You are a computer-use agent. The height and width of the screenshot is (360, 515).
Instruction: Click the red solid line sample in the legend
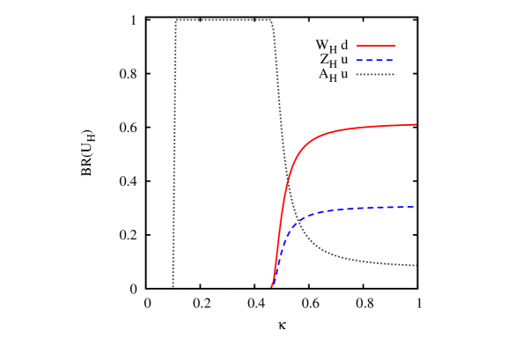coord(376,46)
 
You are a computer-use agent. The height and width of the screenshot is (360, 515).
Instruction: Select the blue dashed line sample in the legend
coord(375,60)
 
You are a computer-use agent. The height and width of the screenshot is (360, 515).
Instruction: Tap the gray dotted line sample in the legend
coord(375,75)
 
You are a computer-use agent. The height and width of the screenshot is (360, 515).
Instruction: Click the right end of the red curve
coord(416,124)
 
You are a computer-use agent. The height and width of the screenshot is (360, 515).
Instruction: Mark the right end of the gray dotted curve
coord(416,265)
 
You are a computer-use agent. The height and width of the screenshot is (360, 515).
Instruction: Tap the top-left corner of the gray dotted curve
coord(177,20)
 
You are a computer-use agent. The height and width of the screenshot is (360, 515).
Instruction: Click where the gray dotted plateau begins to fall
coord(270,21)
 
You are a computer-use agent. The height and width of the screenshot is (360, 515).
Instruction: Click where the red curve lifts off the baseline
coord(271,287)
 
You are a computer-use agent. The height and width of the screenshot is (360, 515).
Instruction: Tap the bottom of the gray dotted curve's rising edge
coord(173,286)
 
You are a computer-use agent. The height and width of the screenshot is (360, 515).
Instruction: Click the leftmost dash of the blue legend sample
coord(359,60)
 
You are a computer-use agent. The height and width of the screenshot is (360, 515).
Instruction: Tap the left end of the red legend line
coord(357,46)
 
